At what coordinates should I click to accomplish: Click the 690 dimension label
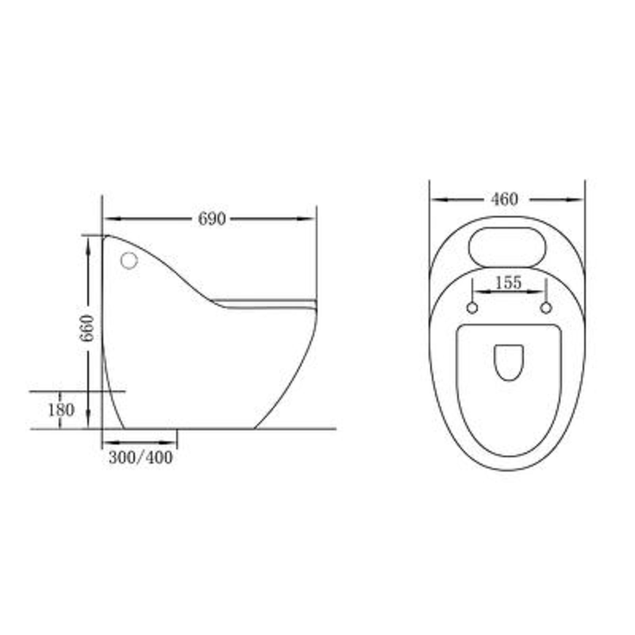click(212, 219)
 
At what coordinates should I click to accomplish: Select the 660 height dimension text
click(87, 328)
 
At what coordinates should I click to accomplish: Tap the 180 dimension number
click(61, 410)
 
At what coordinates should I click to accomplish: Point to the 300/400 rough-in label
click(140, 457)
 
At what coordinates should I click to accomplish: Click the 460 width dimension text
click(504, 199)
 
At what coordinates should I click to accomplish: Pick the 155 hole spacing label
click(508, 283)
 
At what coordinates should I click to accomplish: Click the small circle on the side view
click(129, 260)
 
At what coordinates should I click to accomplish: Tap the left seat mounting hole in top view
click(472, 308)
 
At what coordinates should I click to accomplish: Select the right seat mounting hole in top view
click(546, 308)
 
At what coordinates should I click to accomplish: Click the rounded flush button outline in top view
click(507, 228)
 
